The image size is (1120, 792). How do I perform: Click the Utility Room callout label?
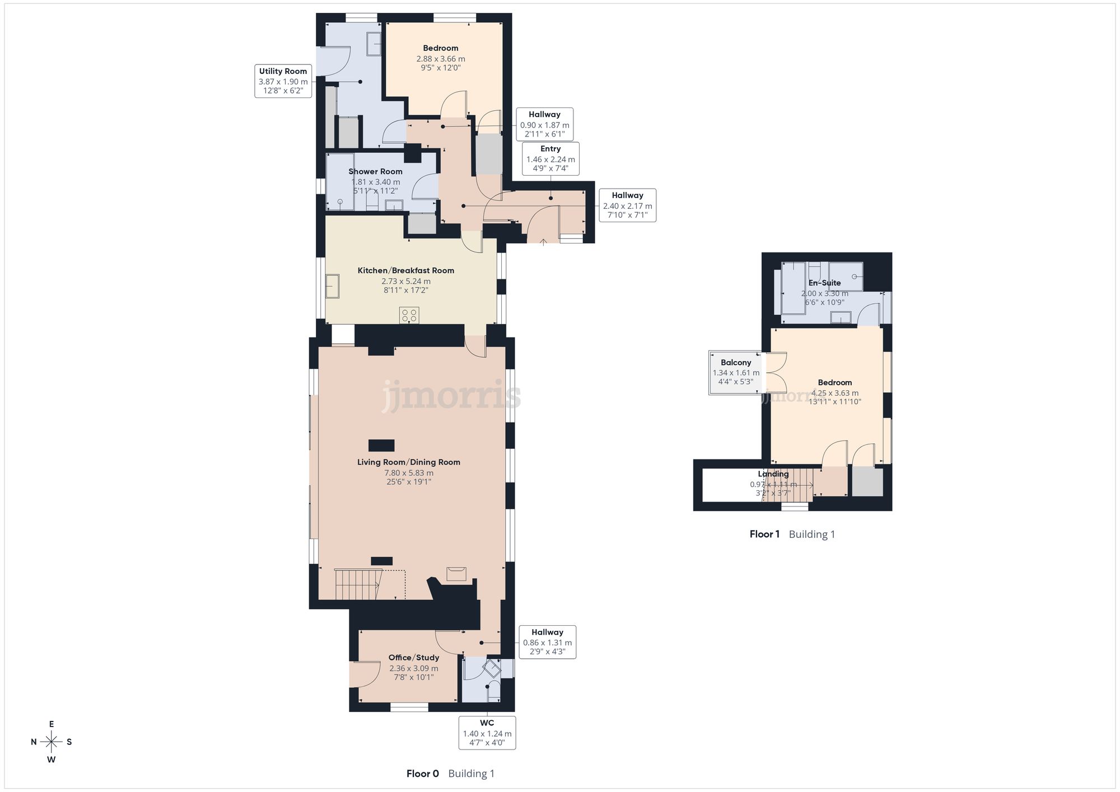coord(283,81)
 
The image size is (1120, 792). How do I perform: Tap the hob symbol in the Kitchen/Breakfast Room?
coord(409,315)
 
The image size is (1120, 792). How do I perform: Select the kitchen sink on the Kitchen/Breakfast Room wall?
coord(333,287)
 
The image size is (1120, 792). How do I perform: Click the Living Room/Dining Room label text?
coord(409,462)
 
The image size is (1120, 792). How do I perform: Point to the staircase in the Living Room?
coord(358,584)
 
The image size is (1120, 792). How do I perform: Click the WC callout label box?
coord(487,732)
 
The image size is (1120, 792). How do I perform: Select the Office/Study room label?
coord(414,658)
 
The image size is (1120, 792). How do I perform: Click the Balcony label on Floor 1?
coord(736,363)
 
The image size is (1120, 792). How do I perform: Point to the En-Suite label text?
coord(824,283)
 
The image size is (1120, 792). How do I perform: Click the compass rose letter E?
coord(52,724)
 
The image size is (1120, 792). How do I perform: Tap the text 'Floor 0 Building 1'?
coord(450,774)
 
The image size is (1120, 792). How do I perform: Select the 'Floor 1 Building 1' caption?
coord(792,534)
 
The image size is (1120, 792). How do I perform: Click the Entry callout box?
coord(550,158)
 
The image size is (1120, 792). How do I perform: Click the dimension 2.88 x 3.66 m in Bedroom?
coord(441,59)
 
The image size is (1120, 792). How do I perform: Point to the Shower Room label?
coord(375,172)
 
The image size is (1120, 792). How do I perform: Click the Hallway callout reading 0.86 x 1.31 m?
coord(547,642)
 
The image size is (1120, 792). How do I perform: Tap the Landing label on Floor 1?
coord(773,474)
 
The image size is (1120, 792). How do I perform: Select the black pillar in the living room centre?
coord(381,446)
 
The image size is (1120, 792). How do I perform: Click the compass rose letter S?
coord(69,742)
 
